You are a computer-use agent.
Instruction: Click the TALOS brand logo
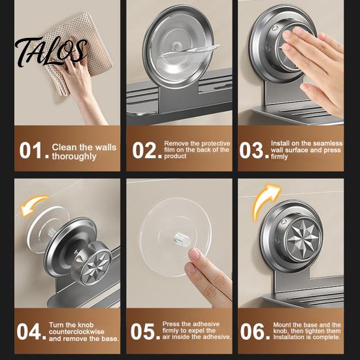[51, 52]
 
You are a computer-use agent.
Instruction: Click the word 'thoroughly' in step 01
[74, 157]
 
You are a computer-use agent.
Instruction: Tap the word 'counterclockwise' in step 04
[76, 332]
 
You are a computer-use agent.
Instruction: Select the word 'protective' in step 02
[216, 144]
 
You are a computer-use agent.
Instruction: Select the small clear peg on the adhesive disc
[179, 239]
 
